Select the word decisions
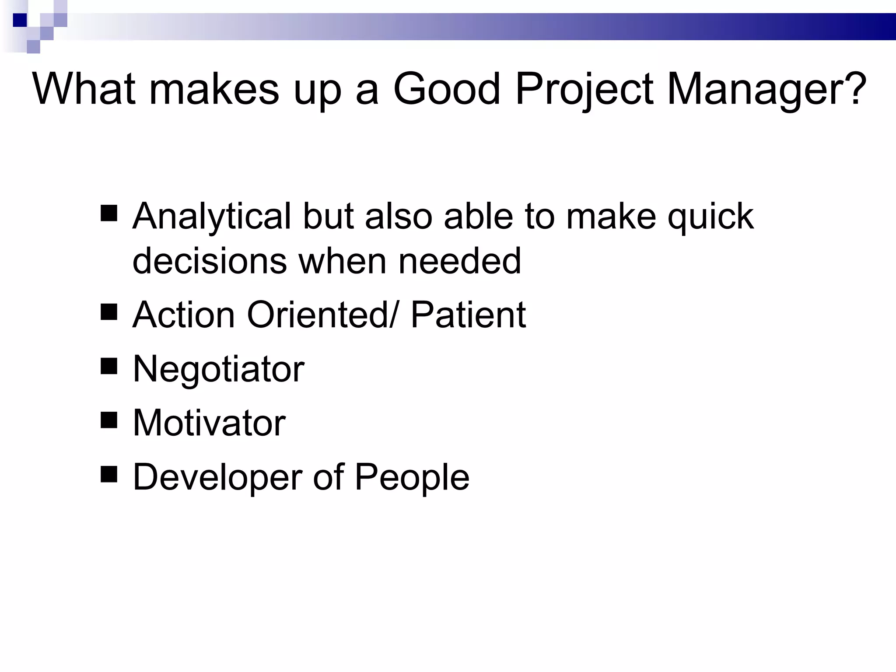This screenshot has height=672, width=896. click(210, 261)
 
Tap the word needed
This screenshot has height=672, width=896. click(460, 261)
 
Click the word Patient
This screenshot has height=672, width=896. click(468, 315)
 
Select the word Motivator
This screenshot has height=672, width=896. click(209, 423)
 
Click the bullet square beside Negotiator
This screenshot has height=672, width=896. click(109, 366)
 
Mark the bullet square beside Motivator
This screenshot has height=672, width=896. click(109, 420)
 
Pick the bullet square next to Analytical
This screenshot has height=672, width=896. click(109, 213)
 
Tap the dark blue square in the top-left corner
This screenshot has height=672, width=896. click(20, 20)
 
